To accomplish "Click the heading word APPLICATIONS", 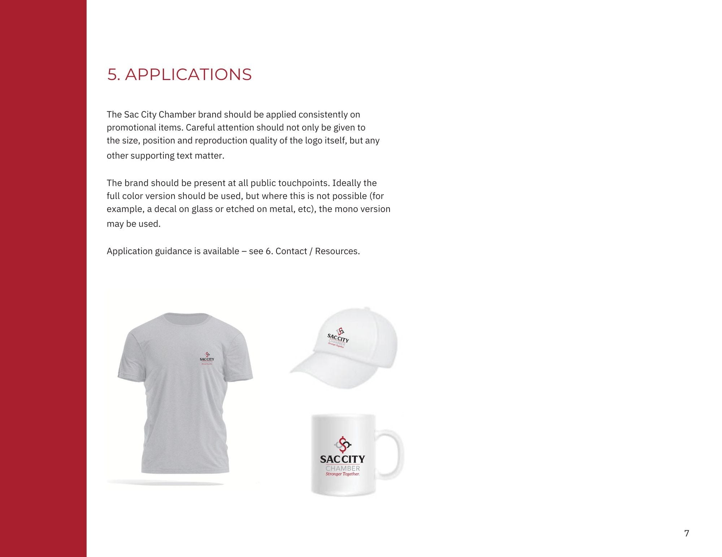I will coord(188,75).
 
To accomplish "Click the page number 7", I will coord(686,533).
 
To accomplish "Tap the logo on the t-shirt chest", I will coord(207,358).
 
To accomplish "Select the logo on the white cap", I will coord(338,338).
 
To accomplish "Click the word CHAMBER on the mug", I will coord(343,468).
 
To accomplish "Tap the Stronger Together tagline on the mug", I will coord(343,474).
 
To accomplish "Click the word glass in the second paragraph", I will coord(202,209).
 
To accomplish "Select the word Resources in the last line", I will coord(337,251).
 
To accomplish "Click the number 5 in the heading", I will coord(112,75).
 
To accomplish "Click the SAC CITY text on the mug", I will coord(342,459).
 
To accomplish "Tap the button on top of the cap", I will coord(367,309).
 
